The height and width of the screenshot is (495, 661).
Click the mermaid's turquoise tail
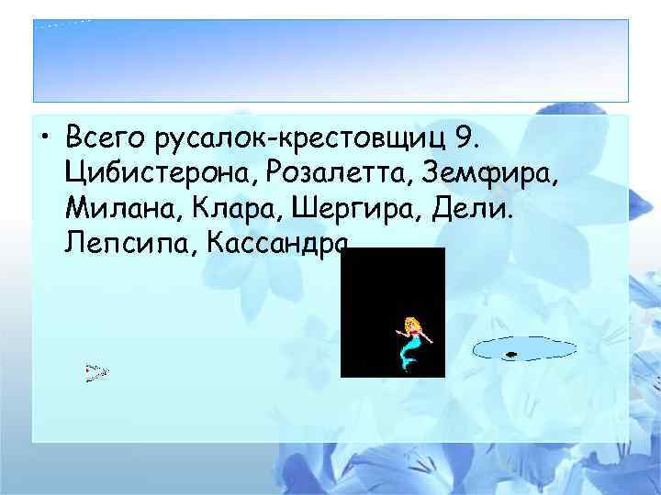(407, 354)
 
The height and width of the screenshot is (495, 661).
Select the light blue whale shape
(523, 349)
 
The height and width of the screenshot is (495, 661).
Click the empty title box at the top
(330, 60)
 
